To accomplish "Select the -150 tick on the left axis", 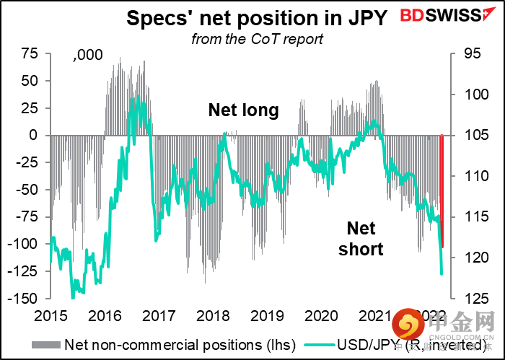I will point(27,298).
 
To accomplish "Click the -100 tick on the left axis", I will point(27,244).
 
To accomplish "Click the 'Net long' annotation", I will point(243,110).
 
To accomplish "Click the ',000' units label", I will point(88,54).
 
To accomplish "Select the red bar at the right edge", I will point(442,191).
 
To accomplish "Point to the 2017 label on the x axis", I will point(159,315).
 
